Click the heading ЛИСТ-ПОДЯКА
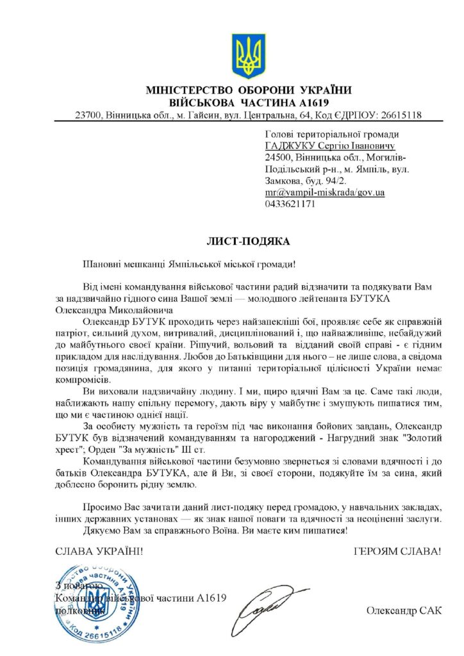click(x=248, y=242)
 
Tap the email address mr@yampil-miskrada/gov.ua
click(x=324, y=192)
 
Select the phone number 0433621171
click(x=289, y=204)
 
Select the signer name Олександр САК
click(x=404, y=611)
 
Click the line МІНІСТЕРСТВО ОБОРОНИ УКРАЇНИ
click(x=249, y=90)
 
